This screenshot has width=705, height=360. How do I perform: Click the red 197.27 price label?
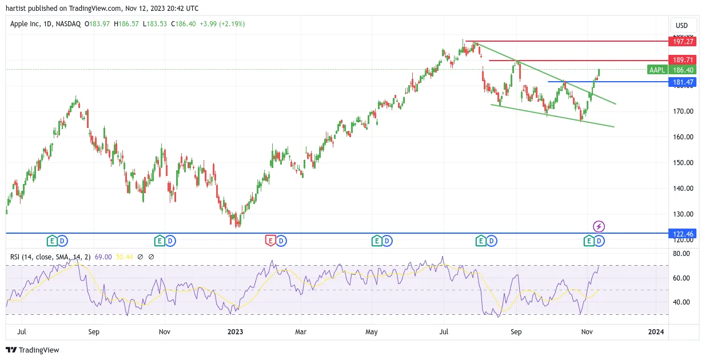pos(682,42)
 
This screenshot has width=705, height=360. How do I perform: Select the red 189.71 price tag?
pos(682,60)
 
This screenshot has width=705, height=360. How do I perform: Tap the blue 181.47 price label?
pos(682,82)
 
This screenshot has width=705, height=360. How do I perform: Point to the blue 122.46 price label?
pos(682,234)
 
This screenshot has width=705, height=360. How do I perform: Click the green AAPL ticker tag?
pos(657,70)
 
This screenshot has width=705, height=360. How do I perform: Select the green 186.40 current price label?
pos(682,70)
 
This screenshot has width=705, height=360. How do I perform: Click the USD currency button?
pos(682,26)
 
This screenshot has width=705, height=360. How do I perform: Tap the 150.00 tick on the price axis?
pos(683,162)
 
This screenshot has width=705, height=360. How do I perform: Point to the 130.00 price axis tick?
pos(683,214)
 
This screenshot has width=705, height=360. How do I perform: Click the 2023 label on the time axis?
pos(235,331)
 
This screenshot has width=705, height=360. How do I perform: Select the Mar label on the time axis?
pos(301,331)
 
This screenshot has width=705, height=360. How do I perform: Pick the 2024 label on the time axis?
pos(656,331)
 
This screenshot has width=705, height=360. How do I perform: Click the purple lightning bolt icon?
pos(599,226)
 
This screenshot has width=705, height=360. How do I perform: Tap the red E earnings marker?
pos(270,241)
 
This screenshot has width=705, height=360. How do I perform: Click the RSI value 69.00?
pos(103,257)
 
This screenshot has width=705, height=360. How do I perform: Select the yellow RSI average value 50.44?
pos(124,257)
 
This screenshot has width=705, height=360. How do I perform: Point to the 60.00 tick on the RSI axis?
pos(681,278)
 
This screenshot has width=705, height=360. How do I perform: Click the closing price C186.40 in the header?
pos(183,24)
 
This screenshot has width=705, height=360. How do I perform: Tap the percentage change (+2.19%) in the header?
pos(232,24)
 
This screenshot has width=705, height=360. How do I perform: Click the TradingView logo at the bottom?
pos(33,350)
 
